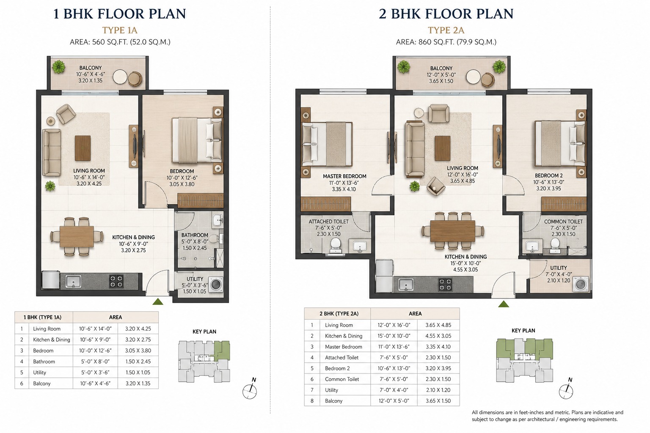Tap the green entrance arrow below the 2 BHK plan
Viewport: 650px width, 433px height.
coord(504,304)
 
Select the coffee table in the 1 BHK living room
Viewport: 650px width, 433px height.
coord(83,148)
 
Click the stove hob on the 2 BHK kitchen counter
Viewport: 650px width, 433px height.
coord(445,285)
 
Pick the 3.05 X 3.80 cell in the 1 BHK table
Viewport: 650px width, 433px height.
coord(138,351)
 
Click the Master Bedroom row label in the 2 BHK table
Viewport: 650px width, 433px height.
coord(344,347)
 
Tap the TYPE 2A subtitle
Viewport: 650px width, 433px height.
coord(446,30)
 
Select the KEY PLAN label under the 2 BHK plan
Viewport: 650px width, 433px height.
coord(523,330)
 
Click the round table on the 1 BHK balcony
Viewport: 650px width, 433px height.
coord(120,77)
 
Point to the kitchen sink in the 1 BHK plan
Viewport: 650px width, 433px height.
coord(73,281)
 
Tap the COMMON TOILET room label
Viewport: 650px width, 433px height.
coord(563,221)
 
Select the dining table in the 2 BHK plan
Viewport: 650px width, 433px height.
coord(453,231)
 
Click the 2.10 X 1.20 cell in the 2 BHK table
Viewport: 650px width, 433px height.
coord(438,390)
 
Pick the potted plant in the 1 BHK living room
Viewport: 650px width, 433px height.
coord(50,186)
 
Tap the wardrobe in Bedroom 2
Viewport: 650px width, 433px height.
coord(564,204)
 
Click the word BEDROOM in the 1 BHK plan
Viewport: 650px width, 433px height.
coord(182,171)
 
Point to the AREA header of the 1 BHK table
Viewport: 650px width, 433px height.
coord(115,317)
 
